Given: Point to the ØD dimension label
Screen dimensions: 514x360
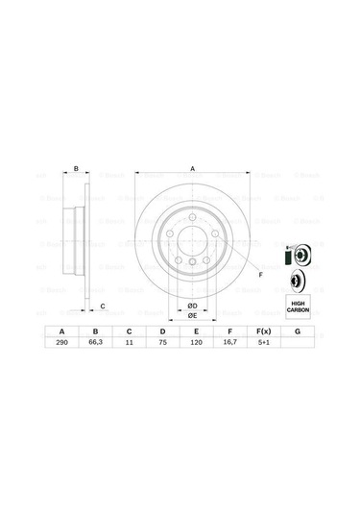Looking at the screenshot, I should [192, 305].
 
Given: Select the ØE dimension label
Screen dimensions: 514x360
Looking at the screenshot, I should [192, 315].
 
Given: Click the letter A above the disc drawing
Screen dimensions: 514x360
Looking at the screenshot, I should [192, 169].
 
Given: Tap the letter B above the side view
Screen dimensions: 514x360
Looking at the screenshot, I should [76, 169].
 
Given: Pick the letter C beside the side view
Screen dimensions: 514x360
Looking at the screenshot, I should [104, 306].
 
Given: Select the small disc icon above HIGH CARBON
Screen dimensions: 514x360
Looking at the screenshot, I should [298, 281].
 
